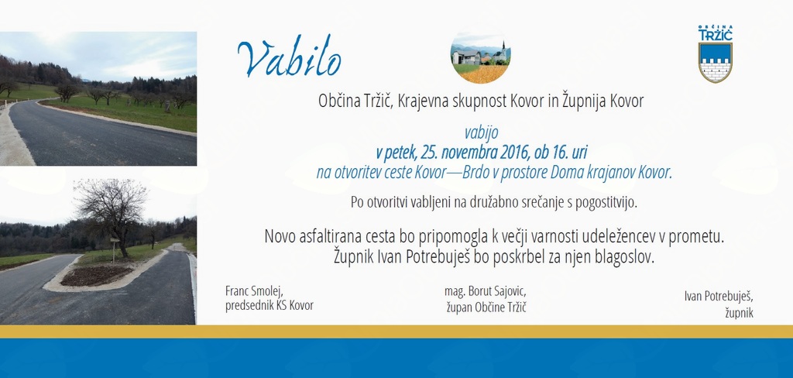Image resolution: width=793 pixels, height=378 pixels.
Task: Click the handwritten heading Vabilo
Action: pos(290,57)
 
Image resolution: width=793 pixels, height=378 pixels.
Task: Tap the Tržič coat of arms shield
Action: pos(715,62)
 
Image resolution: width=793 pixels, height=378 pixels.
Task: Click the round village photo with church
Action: pos(480,57)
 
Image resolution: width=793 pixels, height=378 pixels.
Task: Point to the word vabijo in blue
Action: pos(481,132)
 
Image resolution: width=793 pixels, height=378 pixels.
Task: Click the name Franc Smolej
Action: pos(254,291)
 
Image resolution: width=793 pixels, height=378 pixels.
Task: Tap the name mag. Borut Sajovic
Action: pos(486,291)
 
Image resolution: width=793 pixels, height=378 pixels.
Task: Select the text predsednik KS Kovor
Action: pos(269,306)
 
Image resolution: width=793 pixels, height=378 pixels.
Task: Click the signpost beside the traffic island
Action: pos(115,248)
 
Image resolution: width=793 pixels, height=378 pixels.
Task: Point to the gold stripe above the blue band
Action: pos(396,332)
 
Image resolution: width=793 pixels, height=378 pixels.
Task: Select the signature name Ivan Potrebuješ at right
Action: pos(719,297)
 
